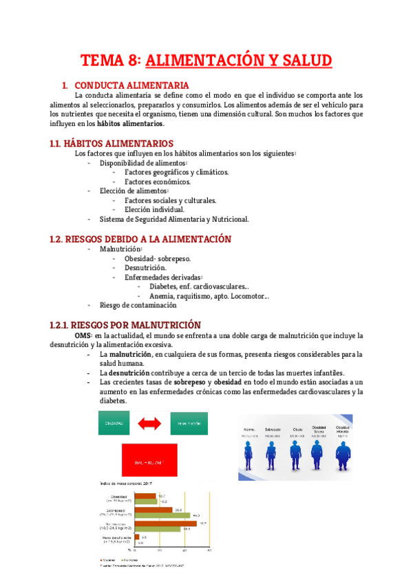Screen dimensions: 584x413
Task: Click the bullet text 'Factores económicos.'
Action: pyautogui.click(x=158, y=182)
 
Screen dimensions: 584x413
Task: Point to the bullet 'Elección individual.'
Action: pyautogui.click(x=154, y=209)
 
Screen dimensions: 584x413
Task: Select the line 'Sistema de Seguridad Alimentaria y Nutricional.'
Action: pyautogui.click(x=174, y=219)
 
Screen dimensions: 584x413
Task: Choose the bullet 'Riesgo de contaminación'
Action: pyautogui.click(x=143, y=304)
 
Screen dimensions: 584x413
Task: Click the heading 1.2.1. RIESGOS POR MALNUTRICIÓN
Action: pyautogui.click(x=125, y=324)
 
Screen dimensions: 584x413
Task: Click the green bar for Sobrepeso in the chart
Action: pyautogui.click(x=162, y=514)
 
